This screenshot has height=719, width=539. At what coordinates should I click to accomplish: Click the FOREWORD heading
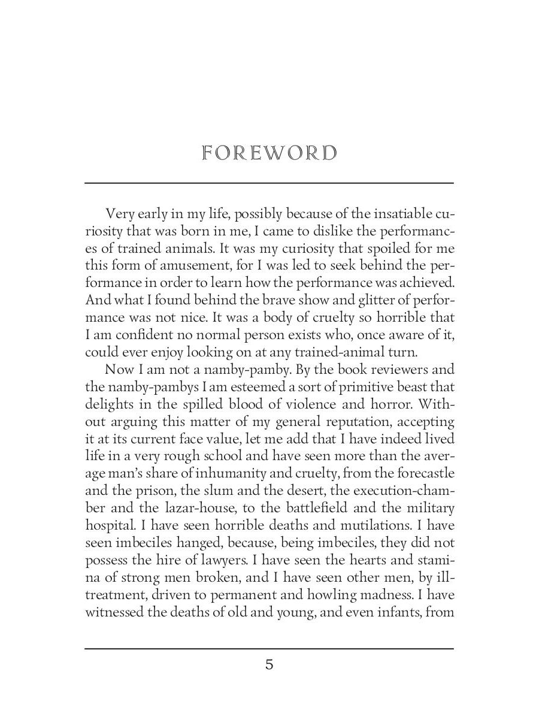269,153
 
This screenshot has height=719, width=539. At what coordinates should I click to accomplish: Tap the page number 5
269,664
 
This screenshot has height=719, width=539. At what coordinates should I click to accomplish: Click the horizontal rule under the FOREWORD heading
269,183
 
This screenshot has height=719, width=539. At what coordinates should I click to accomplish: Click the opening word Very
119,214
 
